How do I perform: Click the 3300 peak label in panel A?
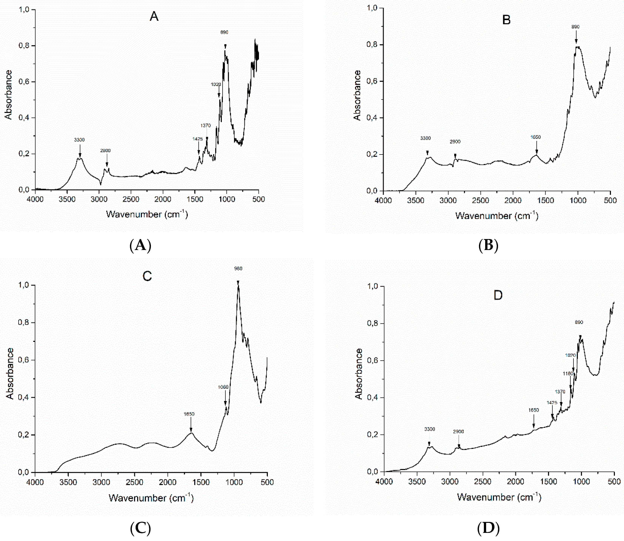coord(79,140)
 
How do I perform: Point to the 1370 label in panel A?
coord(205,126)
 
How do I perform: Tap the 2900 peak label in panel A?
coord(105,151)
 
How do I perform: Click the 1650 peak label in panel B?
coord(536,137)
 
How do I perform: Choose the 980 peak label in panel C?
coord(238,268)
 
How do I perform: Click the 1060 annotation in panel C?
coord(223,387)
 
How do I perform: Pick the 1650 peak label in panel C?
coord(189,414)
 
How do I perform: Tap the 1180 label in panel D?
coord(568,373)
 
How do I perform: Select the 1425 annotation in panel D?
coord(552,402)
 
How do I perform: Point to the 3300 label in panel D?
coord(429,429)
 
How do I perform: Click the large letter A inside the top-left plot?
coord(154,16)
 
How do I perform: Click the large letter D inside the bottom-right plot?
coord(498,295)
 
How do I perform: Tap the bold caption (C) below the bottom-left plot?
coord(140,528)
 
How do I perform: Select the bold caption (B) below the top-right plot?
coord(488,245)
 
